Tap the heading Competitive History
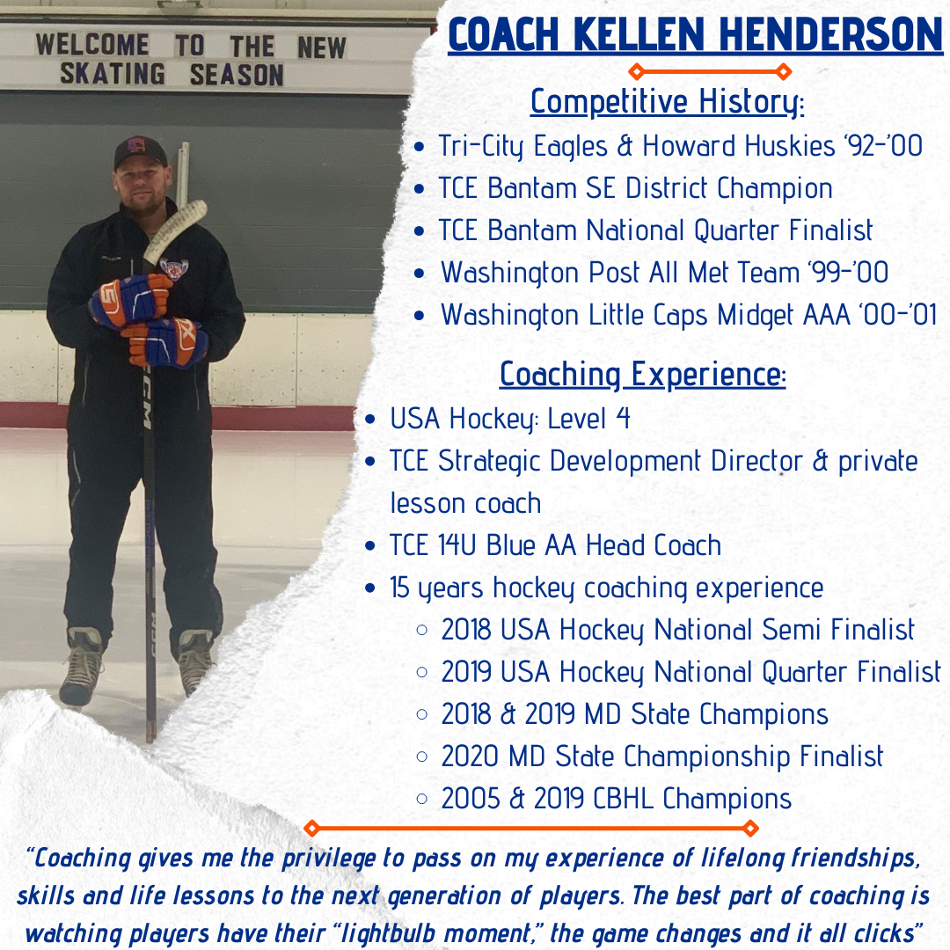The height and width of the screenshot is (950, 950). tap(667, 102)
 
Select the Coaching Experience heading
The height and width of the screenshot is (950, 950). tap(642, 375)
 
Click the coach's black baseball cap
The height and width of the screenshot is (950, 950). tap(140, 150)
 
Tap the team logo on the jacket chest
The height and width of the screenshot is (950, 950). tap(173, 267)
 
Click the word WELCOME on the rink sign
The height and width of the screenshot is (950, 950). tap(92, 45)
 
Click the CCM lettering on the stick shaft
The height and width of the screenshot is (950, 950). tap(147, 399)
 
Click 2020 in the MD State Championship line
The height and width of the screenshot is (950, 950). tap(470, 756)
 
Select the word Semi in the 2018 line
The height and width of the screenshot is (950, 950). tap(766, 630)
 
